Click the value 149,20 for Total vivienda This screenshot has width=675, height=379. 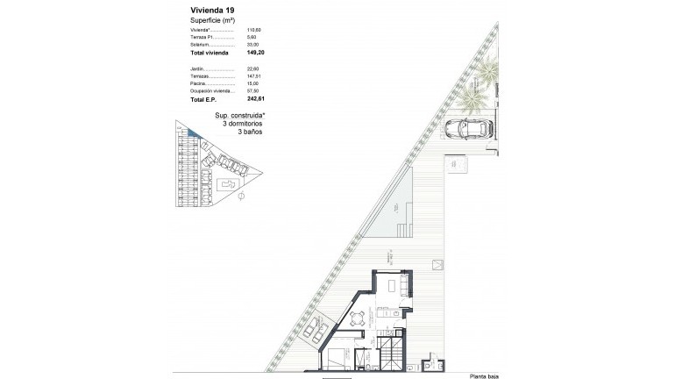[256, 53]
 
